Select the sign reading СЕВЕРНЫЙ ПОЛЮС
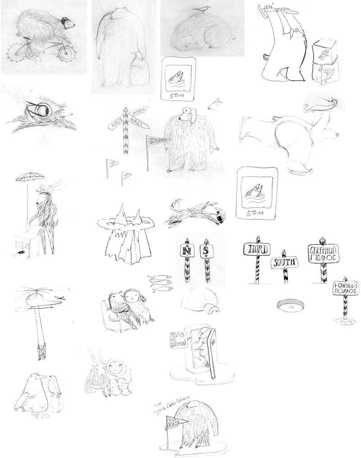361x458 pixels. click(323, 254)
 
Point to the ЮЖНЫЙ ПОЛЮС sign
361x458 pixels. click(346, 289)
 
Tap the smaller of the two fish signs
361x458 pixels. click(177, 78)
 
